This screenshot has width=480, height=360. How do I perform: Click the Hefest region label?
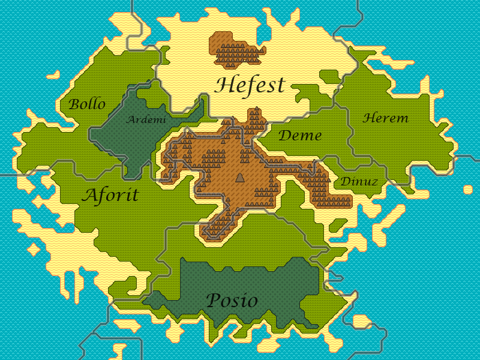249,85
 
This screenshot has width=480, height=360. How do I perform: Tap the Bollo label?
87,104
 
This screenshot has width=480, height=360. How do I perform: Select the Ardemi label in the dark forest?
146,120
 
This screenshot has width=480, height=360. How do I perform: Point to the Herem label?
385,118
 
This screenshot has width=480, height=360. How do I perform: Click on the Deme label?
300,136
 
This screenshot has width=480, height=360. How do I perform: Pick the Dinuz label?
359,181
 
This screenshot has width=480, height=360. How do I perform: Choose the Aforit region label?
110,196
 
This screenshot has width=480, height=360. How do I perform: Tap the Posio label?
232,301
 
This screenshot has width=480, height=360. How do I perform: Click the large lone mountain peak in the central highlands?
239,177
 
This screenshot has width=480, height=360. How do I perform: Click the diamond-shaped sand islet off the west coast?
34,248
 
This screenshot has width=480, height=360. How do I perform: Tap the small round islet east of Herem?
468,190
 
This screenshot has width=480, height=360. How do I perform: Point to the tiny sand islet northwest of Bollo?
53,76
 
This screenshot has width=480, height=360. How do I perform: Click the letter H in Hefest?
223,85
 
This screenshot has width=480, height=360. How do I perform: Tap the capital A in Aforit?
89,195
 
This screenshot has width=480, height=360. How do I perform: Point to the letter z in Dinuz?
374,181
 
